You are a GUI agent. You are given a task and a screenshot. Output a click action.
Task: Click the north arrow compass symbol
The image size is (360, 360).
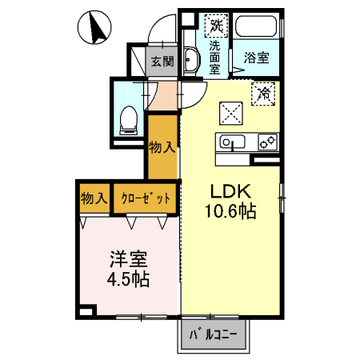coord(94,27)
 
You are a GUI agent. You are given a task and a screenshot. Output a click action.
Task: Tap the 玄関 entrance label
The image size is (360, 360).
coord(162,62)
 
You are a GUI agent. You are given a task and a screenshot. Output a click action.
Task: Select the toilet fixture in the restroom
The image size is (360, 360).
coord(129,120)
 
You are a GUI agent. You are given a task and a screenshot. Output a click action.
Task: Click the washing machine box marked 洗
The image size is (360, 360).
coord(216,26)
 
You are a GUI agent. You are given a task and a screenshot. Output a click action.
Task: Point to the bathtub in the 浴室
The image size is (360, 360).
coord(256,26)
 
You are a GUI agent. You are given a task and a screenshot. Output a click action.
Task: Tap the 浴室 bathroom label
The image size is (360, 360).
coord(257,58)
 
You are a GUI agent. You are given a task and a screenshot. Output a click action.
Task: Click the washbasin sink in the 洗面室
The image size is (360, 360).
coord(191,59)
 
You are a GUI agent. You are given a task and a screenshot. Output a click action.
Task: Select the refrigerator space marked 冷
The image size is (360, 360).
coord(263,94)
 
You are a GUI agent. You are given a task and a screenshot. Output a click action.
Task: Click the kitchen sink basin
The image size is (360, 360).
coord(232,142)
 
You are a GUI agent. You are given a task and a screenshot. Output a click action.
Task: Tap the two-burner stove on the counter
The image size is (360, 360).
coord(267,142)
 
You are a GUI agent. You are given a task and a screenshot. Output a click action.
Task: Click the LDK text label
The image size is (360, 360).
coord(230,191)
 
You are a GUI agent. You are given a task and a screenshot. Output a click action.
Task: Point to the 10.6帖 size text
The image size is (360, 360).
coord(230,211)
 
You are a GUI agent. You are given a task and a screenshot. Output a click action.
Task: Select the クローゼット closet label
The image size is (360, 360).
coord(146,198)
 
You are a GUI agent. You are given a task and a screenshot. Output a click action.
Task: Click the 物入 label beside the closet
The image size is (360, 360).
coord(94,198)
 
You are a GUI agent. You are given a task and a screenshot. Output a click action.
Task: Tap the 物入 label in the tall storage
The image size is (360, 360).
coord(162,147)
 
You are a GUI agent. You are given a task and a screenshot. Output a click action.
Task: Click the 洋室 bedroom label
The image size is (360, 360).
coord(129,259)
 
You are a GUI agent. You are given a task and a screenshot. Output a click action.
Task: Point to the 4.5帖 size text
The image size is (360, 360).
coord(128,279)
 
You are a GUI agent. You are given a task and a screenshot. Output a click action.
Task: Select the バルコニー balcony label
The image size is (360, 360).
coord(213,335)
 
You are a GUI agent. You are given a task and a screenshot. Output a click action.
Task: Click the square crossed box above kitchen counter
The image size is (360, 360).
coord(231,113)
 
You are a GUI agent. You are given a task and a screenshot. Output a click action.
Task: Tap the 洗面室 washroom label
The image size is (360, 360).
coord(214,58)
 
